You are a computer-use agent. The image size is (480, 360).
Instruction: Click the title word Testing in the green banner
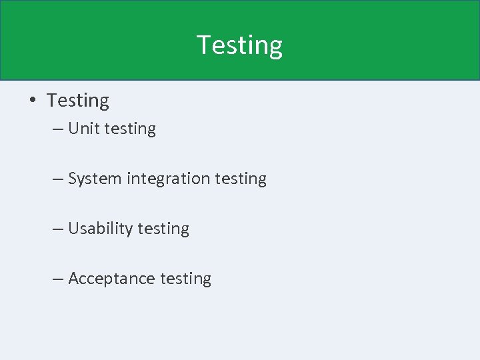(x=239, y=45)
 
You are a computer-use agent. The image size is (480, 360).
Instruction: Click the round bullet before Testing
(x=31, y=101)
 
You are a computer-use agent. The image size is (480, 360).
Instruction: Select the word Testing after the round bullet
(x=78, y=101)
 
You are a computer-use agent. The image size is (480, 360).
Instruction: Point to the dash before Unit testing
(x=58, y=129)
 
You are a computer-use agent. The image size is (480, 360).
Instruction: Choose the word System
(x=95, y=179)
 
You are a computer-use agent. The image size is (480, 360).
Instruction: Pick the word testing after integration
(x=240, y=179)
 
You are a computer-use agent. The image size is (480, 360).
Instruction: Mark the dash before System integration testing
(x=58, y=179)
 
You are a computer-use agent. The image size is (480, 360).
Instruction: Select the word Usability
(x=101, y=229)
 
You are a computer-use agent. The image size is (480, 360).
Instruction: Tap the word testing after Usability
(x=163, y=229)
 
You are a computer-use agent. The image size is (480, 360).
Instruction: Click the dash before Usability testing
(x=58, y=229)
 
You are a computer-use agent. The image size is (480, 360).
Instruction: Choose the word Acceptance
(x=111, y=279)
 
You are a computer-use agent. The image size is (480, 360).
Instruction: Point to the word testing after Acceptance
(x=185, y=279)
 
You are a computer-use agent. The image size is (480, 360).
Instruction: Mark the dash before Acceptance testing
(x=58, y=279)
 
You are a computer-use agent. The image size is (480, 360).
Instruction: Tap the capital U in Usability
(x=73, y=229)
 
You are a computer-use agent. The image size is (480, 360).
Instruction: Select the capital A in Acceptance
(x=73, y=279)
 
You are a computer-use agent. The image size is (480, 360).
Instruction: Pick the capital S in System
(x=73, y=179)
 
